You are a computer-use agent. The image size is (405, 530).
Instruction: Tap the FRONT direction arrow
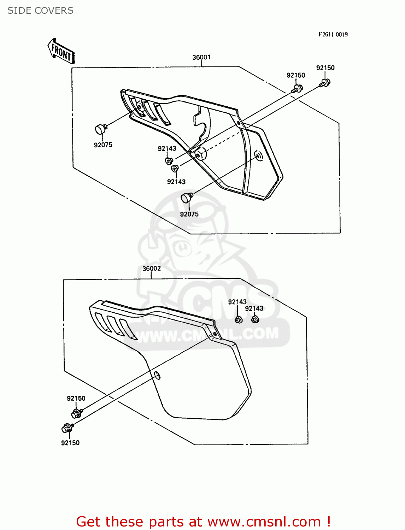tap(61, 52)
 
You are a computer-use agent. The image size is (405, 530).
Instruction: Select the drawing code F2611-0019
tap(333, 34)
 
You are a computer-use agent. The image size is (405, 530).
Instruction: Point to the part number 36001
tap(201, 57)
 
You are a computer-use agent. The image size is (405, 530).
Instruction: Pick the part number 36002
tap(152, 269)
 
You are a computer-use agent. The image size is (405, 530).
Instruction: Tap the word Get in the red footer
tap(89, 522)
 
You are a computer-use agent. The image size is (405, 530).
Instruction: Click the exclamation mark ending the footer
tap(329, 522)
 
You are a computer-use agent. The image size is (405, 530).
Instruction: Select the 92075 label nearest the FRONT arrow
tap(103, 145)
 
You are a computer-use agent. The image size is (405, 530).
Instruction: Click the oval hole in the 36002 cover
tap(157, 375)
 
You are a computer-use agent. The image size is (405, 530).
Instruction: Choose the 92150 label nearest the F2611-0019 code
tap(325, 68)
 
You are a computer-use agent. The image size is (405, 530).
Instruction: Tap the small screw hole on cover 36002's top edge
tap(215, 334)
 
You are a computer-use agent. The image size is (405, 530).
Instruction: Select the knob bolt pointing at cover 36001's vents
tap(100, 129)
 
